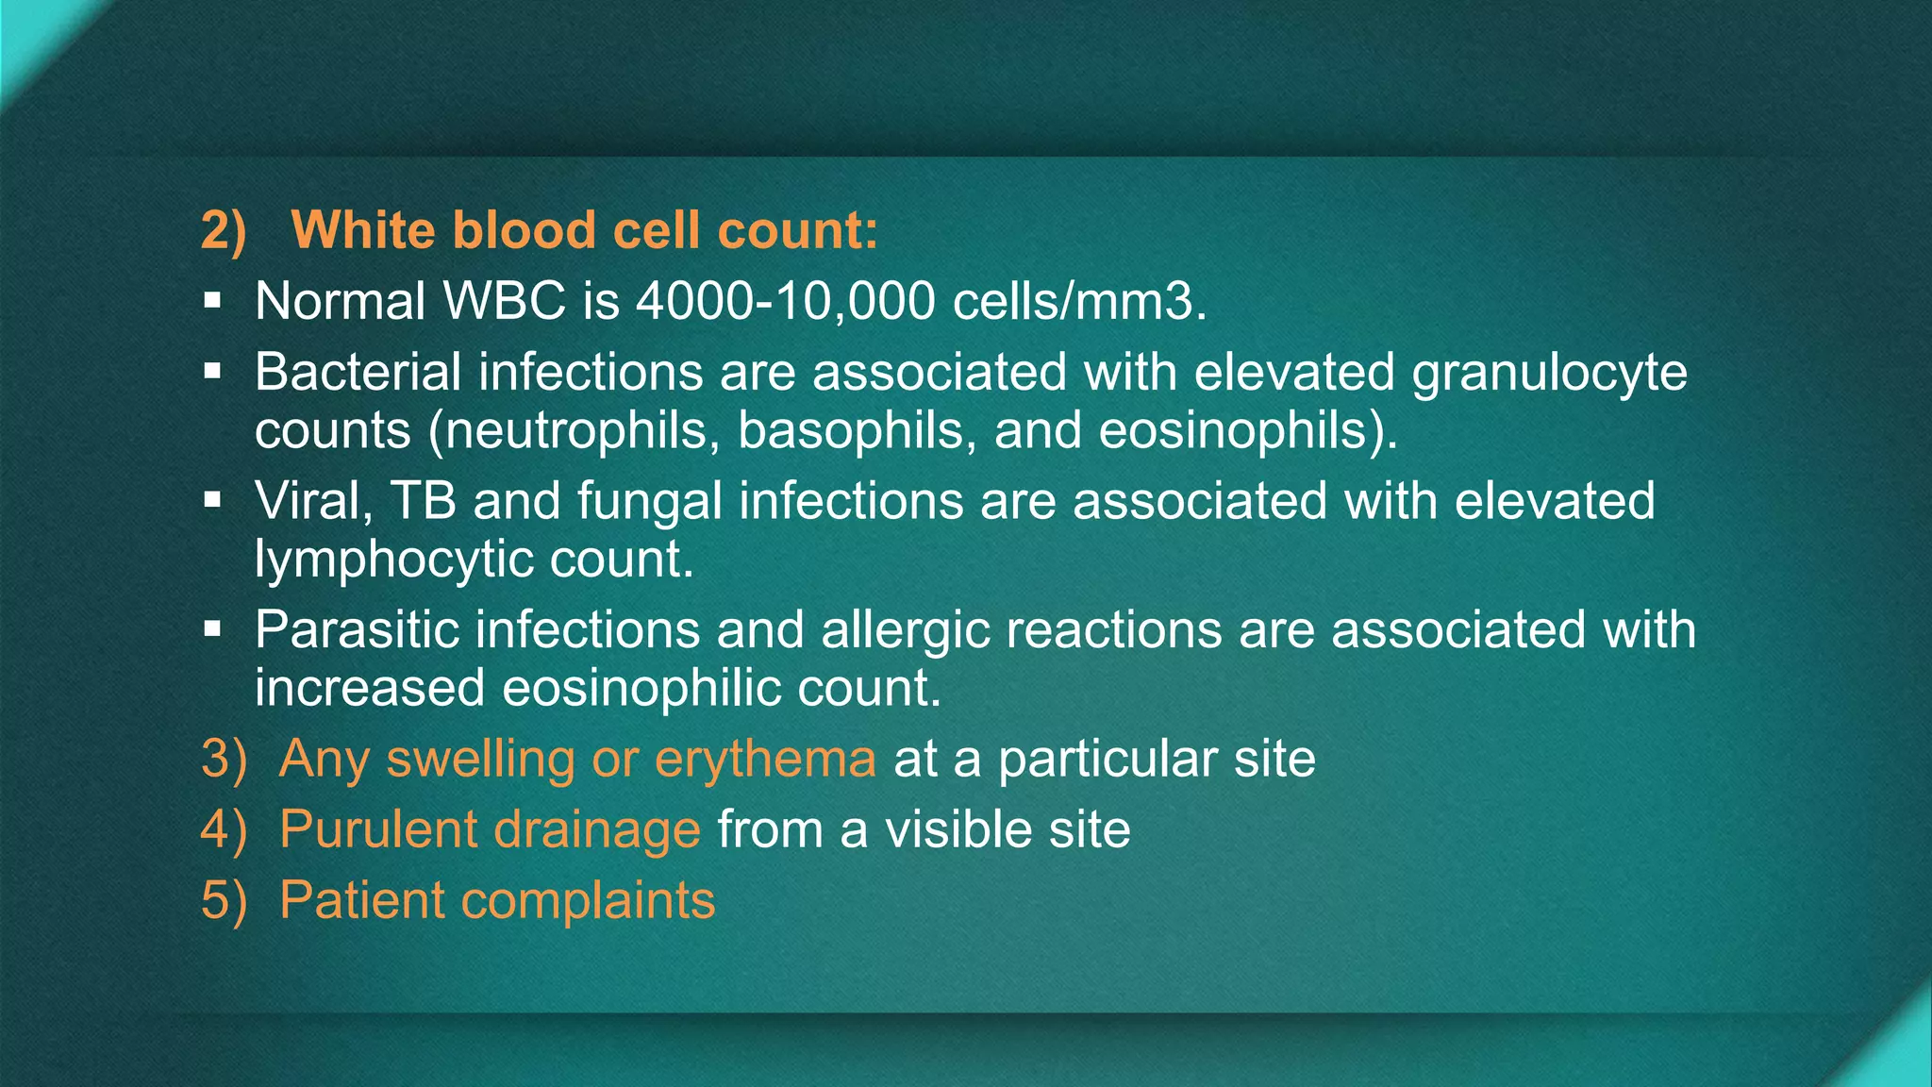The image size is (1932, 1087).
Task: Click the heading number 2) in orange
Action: point(224,231)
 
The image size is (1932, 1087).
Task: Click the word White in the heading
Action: point(362,230)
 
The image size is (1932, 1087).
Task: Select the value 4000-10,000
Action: point(785,302)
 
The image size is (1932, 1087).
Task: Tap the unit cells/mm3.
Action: point(1079,302)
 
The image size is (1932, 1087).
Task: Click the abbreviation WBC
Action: point(504,302)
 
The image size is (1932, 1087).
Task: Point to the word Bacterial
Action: point(358,372)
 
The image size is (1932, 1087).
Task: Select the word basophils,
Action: point(857,431)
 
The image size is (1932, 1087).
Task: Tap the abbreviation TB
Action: point(423,500)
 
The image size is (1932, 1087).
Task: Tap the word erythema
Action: point(765,760)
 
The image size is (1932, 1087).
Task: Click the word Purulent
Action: point(377,829)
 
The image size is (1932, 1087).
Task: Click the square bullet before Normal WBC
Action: point(212,302)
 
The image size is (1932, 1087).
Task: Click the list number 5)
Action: point(224,900)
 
